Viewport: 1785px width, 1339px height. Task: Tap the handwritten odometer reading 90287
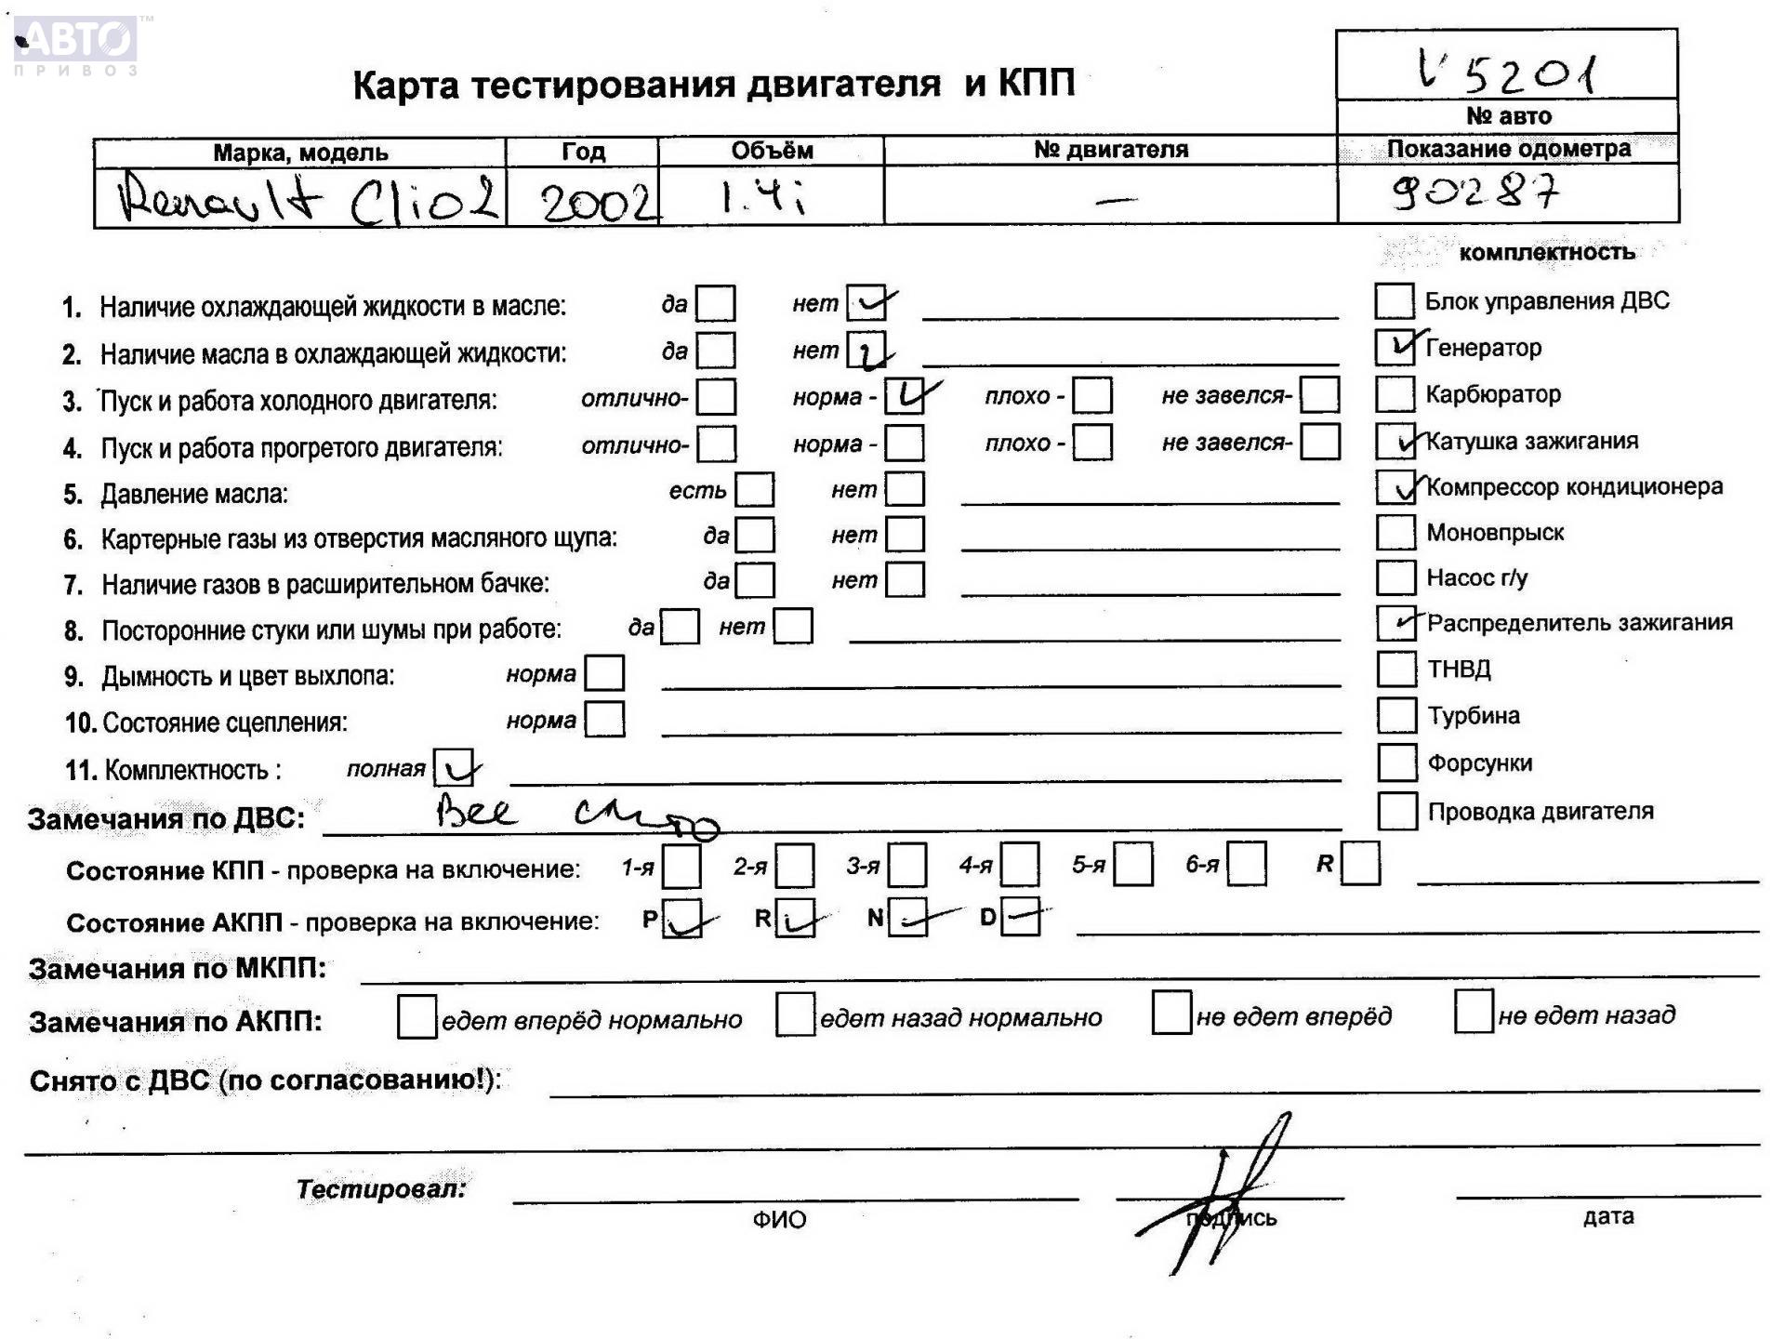1474,192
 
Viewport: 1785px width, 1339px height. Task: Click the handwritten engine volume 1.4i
762,197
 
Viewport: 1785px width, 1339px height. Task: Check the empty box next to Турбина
1395,715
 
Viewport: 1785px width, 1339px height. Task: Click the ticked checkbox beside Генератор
1395,347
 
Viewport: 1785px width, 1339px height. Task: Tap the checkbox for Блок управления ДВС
1394,301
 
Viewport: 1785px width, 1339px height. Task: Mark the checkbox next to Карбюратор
1395,393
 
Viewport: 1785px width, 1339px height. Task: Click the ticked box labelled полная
454,768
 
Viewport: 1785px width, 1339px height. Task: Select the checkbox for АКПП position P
681,919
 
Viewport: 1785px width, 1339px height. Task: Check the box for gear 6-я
1247,864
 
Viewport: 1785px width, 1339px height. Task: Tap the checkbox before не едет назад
1474,1013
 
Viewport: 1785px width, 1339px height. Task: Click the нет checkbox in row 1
866,302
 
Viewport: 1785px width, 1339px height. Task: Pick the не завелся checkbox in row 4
1320,442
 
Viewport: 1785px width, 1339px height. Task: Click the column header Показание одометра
1508,149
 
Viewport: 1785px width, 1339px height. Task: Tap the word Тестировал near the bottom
381,1188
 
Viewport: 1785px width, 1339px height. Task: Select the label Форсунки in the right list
1480,763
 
